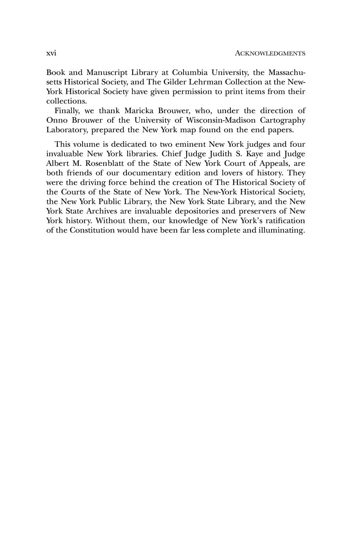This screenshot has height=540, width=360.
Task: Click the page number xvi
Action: point(51,53)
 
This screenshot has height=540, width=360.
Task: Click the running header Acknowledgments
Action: point(270,53)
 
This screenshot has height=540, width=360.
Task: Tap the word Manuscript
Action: point(104,73)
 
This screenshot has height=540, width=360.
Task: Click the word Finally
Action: point(67,111)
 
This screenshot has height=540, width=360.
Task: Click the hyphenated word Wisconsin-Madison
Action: point(215,120)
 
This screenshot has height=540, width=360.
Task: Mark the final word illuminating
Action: point(282,230)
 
